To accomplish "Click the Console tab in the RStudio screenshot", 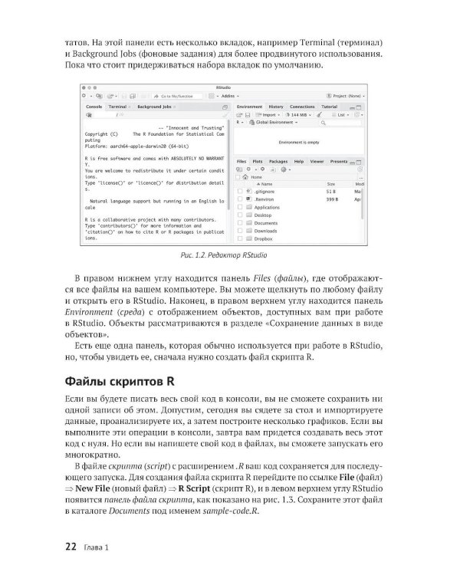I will pos(94,107).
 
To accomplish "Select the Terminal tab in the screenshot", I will pos(118,107).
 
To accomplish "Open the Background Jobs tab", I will pos(154,107).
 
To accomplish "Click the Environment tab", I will pos(250,107).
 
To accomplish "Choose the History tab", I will pos(276,107).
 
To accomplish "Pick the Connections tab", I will pos(302,107).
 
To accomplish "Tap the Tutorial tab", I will pos(329,107).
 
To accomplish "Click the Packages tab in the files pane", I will pos(278,162).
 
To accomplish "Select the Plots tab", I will pos(258,162).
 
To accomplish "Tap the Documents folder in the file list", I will pos(266,223).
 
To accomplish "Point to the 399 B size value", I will pos(333,199).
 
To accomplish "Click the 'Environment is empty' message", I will pos(299,143).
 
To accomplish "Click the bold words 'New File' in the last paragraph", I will pos(94,489).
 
